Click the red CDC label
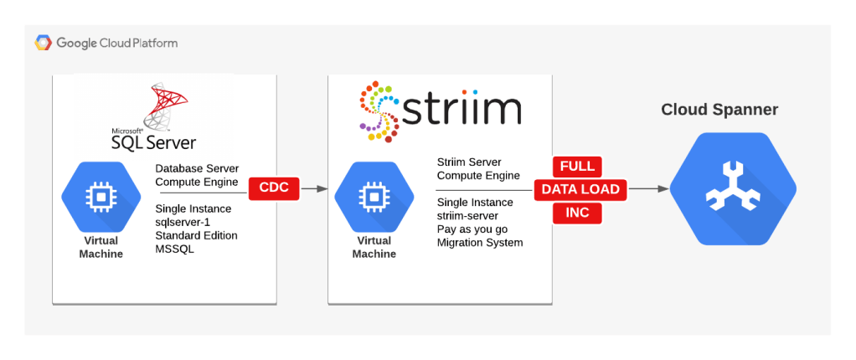[274, 188]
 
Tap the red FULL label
[576, 165]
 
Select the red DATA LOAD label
[580, 189]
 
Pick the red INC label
[577, 213]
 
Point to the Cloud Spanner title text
[719, 110]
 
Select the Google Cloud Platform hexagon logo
[44, 43]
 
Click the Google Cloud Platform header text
[117, 43]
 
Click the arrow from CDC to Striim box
[313, 189]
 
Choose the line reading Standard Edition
[196, 235]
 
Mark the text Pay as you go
[472, 229]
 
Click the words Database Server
[197, 168]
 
